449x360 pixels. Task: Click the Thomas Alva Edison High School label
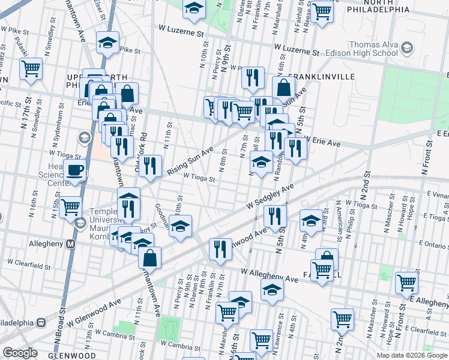(x=360, y=53)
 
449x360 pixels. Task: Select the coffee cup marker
(x=75, y=172)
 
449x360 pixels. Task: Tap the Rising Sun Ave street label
(x=190, y=163)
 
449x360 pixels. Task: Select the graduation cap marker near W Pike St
(x=108, y=43)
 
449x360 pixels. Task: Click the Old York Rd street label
(x=143, y=157)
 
